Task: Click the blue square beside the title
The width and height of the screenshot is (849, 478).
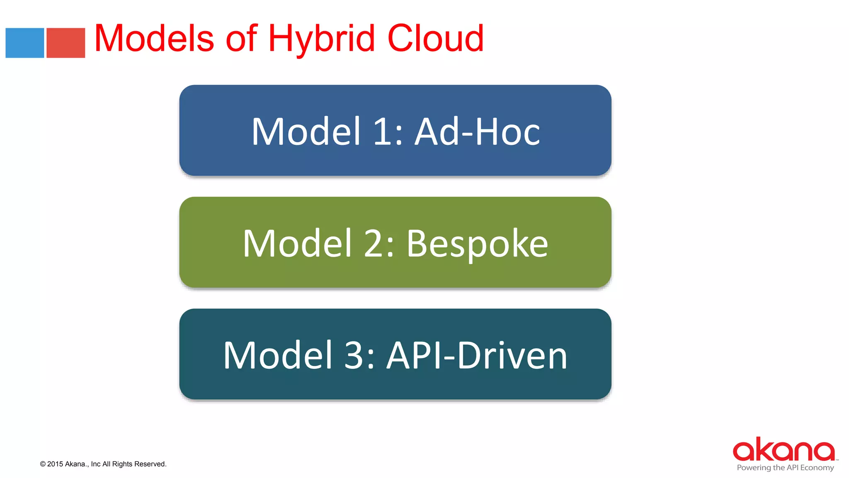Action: click(x=24, y=43)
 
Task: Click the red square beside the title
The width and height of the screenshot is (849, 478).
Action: click(x=65, y=43)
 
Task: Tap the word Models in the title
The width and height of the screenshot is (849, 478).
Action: click(x=154, y=39)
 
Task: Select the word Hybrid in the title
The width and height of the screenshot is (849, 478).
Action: click(x=322, y=39)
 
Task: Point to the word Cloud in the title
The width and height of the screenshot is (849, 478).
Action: click(x=435, y=39)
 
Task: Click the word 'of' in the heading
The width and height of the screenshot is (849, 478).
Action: click(x=241, y=39)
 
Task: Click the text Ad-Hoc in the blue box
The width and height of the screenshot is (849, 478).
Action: click(x=478, y=132)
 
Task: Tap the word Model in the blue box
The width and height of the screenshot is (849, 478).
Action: click(x=306, y=132)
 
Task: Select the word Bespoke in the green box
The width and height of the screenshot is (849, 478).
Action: click(x=477, y=244)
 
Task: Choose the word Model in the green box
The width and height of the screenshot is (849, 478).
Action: click(x=297, y=244)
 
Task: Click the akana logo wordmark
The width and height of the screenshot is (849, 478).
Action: click(x=784, y=450)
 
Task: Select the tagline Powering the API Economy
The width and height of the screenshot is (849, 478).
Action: click(x=785, y=468)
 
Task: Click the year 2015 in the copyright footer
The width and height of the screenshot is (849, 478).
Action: click(x=55, y=464)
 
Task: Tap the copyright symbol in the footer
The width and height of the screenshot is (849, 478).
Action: click(x=43, y=464)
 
